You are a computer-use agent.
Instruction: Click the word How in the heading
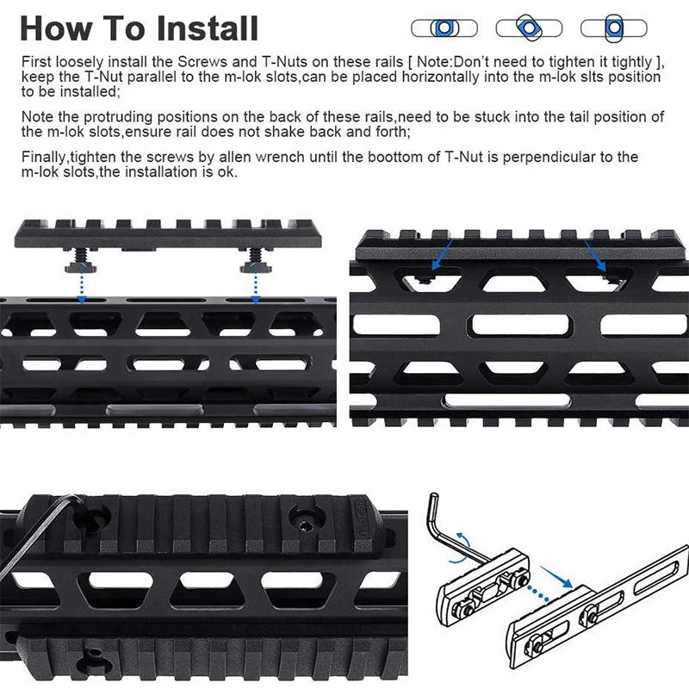(57, 28)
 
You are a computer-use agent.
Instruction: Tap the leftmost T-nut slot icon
(444, 28)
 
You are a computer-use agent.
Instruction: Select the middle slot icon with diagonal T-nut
(528, 28)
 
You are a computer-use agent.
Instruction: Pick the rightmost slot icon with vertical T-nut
(613, 28)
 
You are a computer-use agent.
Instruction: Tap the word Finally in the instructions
(44, 158)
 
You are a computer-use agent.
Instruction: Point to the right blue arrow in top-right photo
(598, 258)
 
